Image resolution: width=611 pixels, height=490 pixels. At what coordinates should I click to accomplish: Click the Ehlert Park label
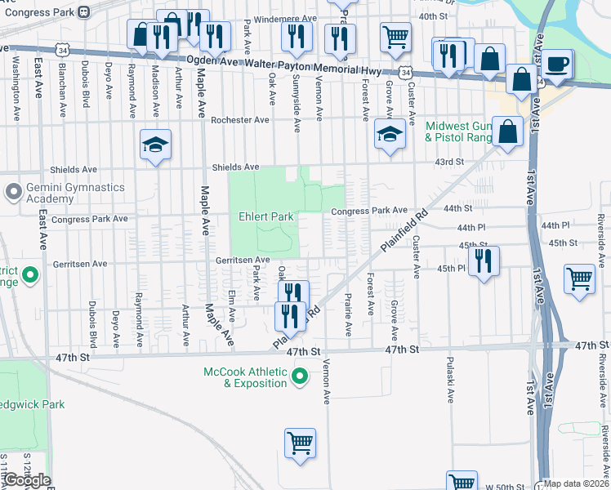pyautogui.click(x=265, y=217)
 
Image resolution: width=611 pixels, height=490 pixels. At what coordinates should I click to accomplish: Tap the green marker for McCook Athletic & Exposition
pyautogui.click(x=300, y=376)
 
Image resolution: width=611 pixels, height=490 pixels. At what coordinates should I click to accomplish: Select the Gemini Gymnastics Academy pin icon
pyautogui.click(x=12, y=193)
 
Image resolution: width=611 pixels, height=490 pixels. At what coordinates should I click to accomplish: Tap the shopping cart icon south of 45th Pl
pyautogui.click(x=579, y=278)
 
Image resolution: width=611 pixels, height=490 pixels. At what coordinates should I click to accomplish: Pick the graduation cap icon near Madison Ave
pyautogui.click(x=155, y=145)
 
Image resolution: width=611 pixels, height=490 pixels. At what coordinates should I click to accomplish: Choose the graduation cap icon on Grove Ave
pyautogui.click(x=390, y=133)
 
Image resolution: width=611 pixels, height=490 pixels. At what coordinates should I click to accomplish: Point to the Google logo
pyautogui.click(x=26, y=480)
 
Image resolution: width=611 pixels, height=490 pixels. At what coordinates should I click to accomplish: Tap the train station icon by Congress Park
pyautogui.click(x=83, y=12)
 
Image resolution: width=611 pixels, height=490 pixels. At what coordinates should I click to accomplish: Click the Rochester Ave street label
pyautogui.click(x=240, y=120)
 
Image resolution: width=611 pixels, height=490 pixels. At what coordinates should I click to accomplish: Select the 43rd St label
pyautogui.click(x=449, y=162)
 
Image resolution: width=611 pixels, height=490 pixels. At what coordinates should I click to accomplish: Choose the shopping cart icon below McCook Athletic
pyautogui.click(x=300, y=443)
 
